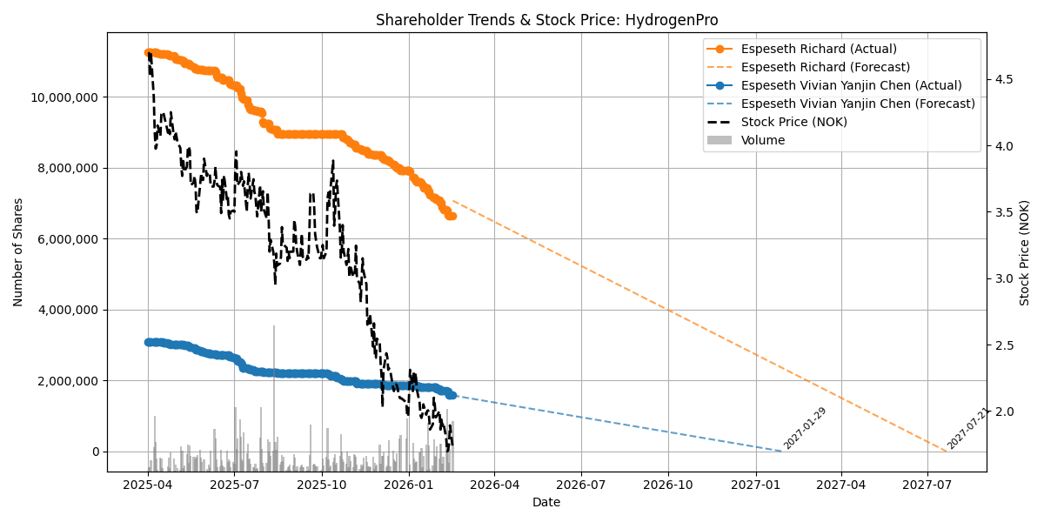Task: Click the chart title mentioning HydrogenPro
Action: click(546, 20)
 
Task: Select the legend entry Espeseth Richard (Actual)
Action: click(818, 49)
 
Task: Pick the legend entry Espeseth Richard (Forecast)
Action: click(825, 67)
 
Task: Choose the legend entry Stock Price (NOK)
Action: click(793, 122)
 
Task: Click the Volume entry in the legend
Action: click(762, 140)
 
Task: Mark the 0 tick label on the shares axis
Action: click(95, 452)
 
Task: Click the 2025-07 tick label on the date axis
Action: click(235, 485)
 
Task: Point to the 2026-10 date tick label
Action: click(669, 485)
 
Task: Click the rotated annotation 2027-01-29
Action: click(805, 428)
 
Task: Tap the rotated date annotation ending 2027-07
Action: click(968, 428)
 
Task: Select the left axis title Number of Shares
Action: click(18, 251)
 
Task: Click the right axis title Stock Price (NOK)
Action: click(1025, 252)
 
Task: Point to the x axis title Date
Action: click(546, 502)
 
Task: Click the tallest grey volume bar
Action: click(274, 391)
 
